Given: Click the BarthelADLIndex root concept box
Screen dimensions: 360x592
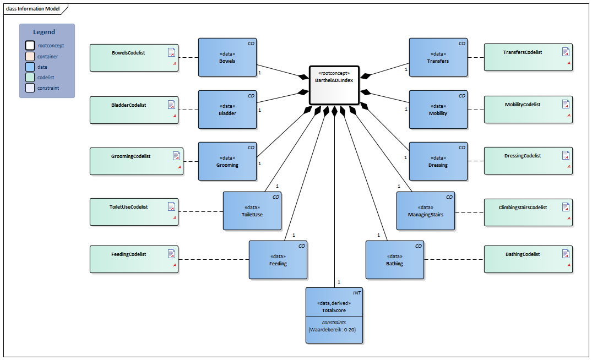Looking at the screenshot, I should [x=334, y=84].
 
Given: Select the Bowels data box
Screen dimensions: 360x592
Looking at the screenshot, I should [x=227, y=57].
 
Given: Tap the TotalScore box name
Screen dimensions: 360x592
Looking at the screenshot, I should [x=334, y=310].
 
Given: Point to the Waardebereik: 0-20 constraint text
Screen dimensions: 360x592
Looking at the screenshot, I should [x=334, y=329].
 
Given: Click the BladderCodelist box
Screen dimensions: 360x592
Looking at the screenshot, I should [x=134, y=110].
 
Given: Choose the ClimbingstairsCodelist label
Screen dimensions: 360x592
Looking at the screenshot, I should [x=523, y=208].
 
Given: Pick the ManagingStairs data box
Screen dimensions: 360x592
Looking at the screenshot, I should [x=426, y=211].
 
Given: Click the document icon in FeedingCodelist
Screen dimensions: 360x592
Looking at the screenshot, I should [x=172, y=254].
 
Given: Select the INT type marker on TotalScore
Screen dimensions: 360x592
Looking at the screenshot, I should [x=356, y=293].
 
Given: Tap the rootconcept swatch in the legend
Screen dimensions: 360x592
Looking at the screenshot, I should [x=30, y=46].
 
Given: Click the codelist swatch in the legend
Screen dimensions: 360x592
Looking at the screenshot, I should [x=30, y=78].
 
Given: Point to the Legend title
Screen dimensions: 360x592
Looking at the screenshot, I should [x=44, y=32].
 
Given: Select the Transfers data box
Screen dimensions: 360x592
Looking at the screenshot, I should [x=438, y=57].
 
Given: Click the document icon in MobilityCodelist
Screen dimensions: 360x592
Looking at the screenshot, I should [x=566, y=104].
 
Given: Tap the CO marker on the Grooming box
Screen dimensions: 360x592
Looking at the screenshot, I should [x=251, y=148].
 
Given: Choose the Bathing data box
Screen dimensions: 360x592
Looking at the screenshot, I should [x=395, y=260].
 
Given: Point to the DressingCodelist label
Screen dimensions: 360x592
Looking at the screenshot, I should [x=523, y=156].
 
